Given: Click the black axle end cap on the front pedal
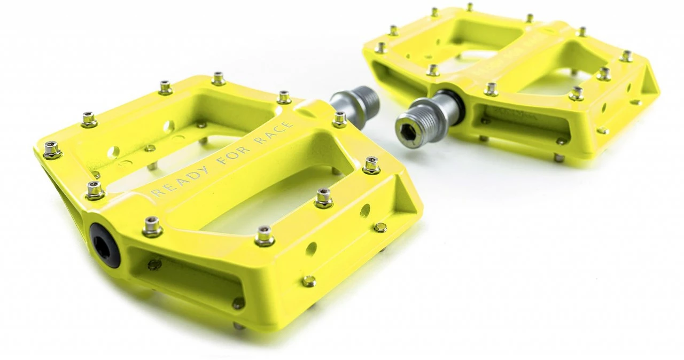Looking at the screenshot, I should click(105, 245).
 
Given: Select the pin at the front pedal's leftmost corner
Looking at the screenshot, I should click(52, 150).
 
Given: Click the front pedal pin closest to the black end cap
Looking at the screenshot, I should click(152, 226).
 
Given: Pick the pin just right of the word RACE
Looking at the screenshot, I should click(339, 119).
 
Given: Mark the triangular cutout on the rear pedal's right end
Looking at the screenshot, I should click(649, 81).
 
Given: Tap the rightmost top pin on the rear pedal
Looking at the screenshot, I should click(626, 56).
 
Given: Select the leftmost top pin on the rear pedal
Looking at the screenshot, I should click(380, 48).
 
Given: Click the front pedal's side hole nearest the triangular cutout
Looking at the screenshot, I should click(365, 210).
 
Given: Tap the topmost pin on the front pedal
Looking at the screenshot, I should click(218, 78).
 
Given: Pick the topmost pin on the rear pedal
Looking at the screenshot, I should click(470, 7).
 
